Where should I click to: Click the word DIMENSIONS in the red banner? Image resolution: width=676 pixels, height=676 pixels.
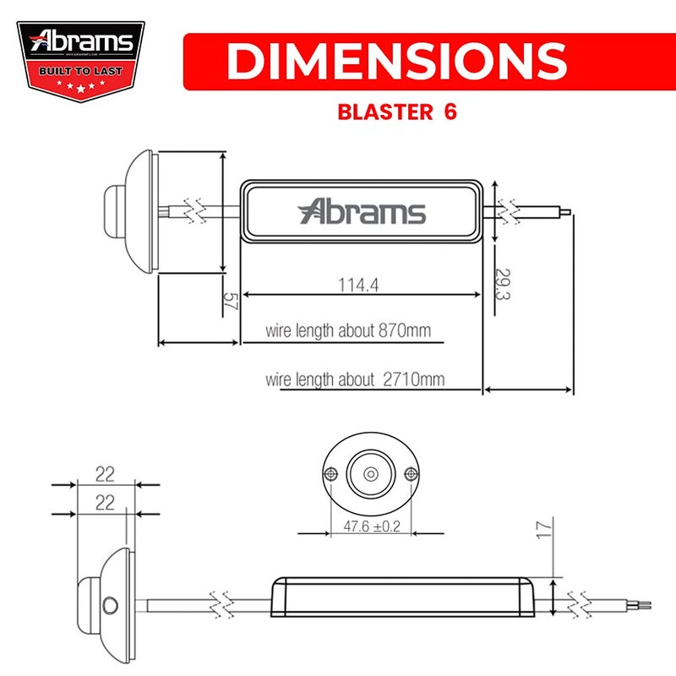396,61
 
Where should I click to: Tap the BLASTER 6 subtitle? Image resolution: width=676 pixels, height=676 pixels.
396,112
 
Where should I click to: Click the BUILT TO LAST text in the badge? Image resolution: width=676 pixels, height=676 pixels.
81,70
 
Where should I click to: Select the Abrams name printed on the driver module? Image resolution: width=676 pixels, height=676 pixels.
363,211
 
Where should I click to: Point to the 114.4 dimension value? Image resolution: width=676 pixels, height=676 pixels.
358,286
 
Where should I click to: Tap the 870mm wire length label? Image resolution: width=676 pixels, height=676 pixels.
347,330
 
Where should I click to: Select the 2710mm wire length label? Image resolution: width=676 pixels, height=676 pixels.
354,379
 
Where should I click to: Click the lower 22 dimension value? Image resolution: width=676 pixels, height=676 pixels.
105,503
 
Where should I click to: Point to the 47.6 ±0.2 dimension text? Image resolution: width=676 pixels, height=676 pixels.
372,526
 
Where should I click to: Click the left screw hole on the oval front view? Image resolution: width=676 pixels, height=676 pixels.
331,474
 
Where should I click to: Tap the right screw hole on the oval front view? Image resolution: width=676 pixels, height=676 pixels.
411,474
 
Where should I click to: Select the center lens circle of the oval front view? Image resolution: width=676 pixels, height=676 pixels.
371,474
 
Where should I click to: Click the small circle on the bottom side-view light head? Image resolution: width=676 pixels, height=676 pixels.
109,604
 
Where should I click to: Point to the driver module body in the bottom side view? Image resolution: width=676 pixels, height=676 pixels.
401,597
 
